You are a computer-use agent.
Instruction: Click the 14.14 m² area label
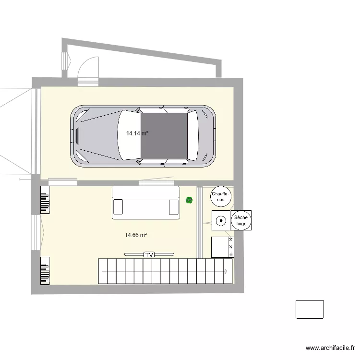point(137,134)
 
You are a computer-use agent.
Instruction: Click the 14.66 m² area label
point(135,235)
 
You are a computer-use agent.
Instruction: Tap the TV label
point(149,254)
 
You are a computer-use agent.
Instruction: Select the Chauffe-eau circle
point(221,196)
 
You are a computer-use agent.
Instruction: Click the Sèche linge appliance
point(241,221)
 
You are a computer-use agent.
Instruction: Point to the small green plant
point(189,200)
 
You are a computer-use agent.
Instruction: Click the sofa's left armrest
point(119,207)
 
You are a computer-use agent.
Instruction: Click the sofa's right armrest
point(174,207)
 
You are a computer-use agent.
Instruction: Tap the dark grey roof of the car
point(164,136)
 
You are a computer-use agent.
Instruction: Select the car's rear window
point(192,136)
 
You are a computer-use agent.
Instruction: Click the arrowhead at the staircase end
point(225,271)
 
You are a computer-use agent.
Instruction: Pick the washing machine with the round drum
point(221,221)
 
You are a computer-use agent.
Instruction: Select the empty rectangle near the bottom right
point(310,309)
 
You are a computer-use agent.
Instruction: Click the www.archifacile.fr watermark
point(330,348)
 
